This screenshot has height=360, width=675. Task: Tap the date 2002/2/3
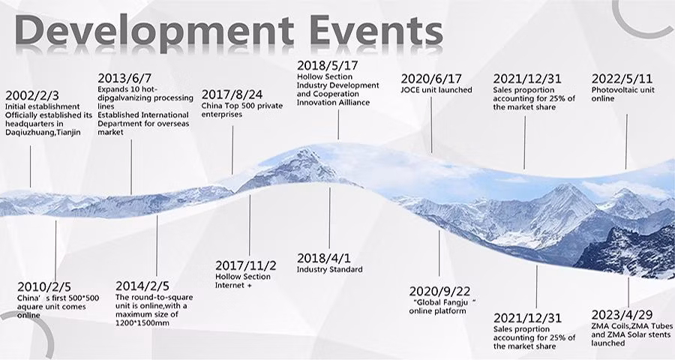32,95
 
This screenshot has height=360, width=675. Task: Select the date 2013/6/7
124,78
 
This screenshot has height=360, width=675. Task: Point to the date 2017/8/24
232,94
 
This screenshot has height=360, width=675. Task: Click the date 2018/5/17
327,65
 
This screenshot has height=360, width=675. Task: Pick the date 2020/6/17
431,79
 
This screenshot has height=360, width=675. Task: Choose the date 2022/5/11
622,79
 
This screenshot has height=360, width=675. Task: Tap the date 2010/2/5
44,286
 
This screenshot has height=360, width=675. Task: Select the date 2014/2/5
142,286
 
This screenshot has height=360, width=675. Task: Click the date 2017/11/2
245,265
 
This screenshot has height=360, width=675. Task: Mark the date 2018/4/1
324,258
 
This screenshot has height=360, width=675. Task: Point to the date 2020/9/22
439,292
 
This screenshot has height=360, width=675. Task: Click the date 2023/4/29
622,315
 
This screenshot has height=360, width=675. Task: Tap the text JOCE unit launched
436,90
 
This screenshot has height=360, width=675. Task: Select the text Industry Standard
329,269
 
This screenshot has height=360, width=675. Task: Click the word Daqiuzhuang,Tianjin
43,133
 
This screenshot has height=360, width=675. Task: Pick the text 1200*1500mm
142,323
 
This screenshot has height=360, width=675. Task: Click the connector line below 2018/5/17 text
338,124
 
